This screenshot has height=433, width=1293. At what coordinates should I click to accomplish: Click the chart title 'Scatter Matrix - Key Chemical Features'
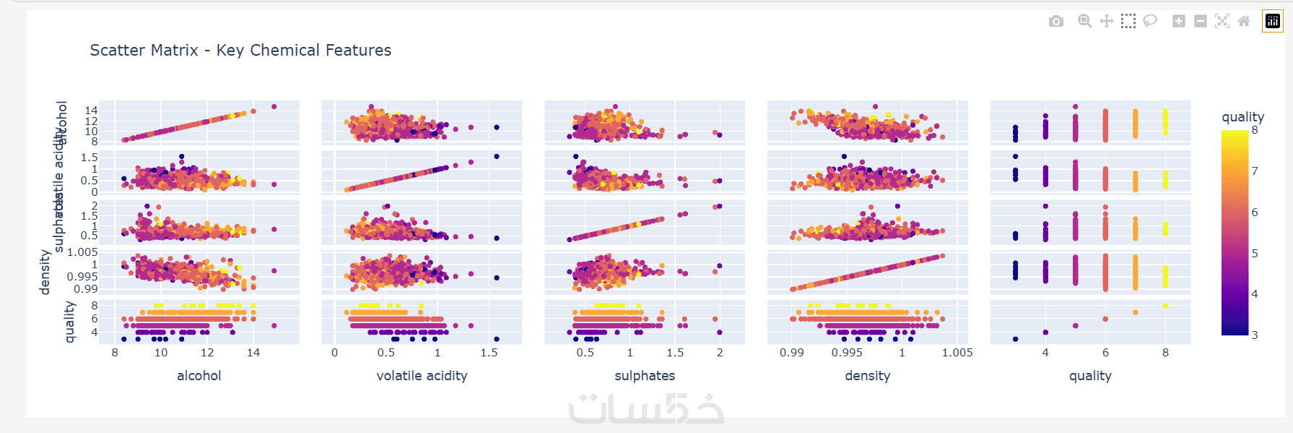point(240,51)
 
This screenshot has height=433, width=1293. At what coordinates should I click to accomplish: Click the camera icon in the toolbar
point(1056,22)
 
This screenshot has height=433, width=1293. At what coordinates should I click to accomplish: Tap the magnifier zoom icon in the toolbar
point(1084,22)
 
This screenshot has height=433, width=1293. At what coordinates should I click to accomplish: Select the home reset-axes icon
point(1244,22)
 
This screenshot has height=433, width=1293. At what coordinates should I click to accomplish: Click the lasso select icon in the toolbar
point(1150,22)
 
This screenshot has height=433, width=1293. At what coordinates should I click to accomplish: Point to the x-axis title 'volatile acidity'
point(422,376)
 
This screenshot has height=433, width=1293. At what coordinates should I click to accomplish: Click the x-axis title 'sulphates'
point(645,376)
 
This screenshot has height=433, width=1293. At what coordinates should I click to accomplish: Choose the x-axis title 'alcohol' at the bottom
point(199,376)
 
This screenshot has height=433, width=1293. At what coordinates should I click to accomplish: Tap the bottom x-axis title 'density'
point(867,376)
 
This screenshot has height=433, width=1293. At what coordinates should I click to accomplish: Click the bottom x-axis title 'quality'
point(1090,376)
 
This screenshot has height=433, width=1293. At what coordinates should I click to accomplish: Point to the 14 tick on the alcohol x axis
point(253,353)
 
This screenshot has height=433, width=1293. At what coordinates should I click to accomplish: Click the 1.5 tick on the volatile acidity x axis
point(489,353)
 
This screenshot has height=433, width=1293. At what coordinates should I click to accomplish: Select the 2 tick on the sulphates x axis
point(720,353)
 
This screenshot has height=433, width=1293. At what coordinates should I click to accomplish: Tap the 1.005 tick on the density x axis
point(957,353)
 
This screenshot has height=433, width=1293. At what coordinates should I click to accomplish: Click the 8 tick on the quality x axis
point(1165,353)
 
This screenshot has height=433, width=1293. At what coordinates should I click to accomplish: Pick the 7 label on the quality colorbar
point(1255,171)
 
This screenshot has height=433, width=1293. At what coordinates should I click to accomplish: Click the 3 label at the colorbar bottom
point(1255,335)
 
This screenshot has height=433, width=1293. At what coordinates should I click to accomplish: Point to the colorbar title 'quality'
point(1242,117)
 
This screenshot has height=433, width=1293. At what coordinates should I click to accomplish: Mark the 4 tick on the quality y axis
point(95,333)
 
